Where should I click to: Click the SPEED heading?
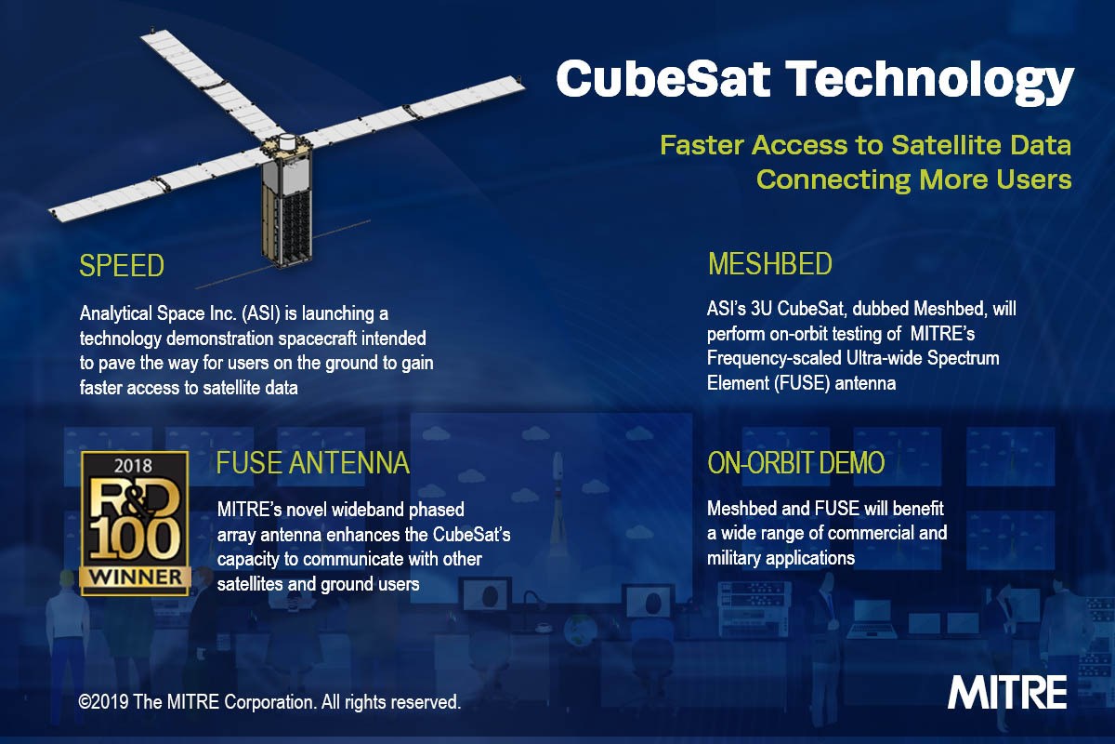[122, 266]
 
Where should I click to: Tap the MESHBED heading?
[769, 265]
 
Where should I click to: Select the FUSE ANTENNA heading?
[312, 462]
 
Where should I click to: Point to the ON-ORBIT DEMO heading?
[795, 462]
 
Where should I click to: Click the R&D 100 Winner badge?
[135, 524]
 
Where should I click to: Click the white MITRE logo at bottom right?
[1007, 693]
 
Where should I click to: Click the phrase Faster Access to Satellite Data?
[865, 146]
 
